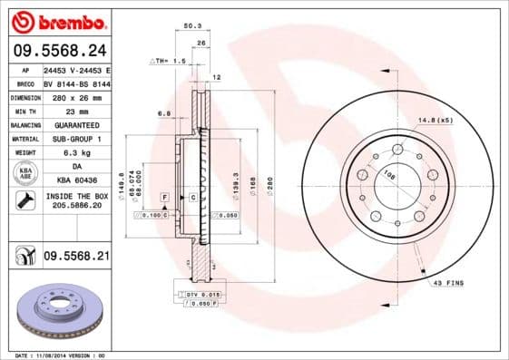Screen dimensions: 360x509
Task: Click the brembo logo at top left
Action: pos(56,20)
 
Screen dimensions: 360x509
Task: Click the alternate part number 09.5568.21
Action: pos(76,257)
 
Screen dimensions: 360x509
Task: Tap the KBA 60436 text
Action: pos(76,181)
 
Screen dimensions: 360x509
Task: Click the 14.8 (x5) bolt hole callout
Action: pos(436,119)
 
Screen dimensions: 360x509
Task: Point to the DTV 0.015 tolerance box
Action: pos(201,296)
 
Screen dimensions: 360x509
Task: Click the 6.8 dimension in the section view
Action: pos(164,113)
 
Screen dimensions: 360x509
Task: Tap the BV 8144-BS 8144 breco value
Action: pos(75,82)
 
